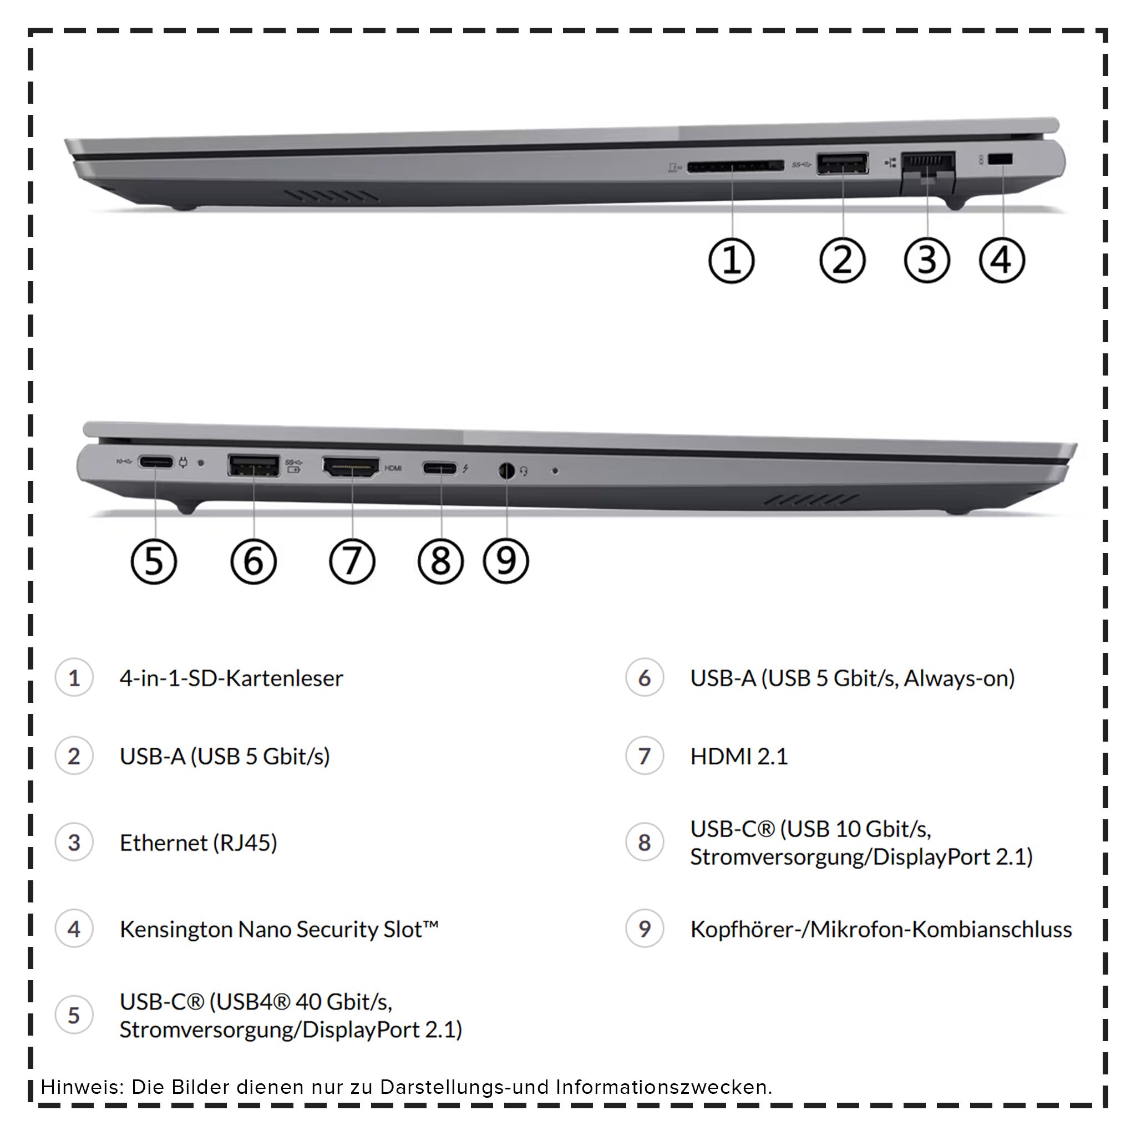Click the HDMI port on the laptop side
[x=351, y=468]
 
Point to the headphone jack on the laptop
[x=506, y=471]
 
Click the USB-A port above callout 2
[x=842, y=164]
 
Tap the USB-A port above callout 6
[x=253, y=465]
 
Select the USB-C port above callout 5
[x=156, y=462]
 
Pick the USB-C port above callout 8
[x=440, y=469]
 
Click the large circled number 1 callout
[x=731, y=261]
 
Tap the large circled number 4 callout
[x=1002, y=260]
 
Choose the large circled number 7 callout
[x=352, y=561]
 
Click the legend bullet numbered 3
[x=74, y=843]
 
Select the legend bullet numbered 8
[x=645, y=843]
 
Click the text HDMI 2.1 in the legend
[x=738, y=756]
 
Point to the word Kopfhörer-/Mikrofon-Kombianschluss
[x=880, y=930]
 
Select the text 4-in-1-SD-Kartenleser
[x=231, y=678]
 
